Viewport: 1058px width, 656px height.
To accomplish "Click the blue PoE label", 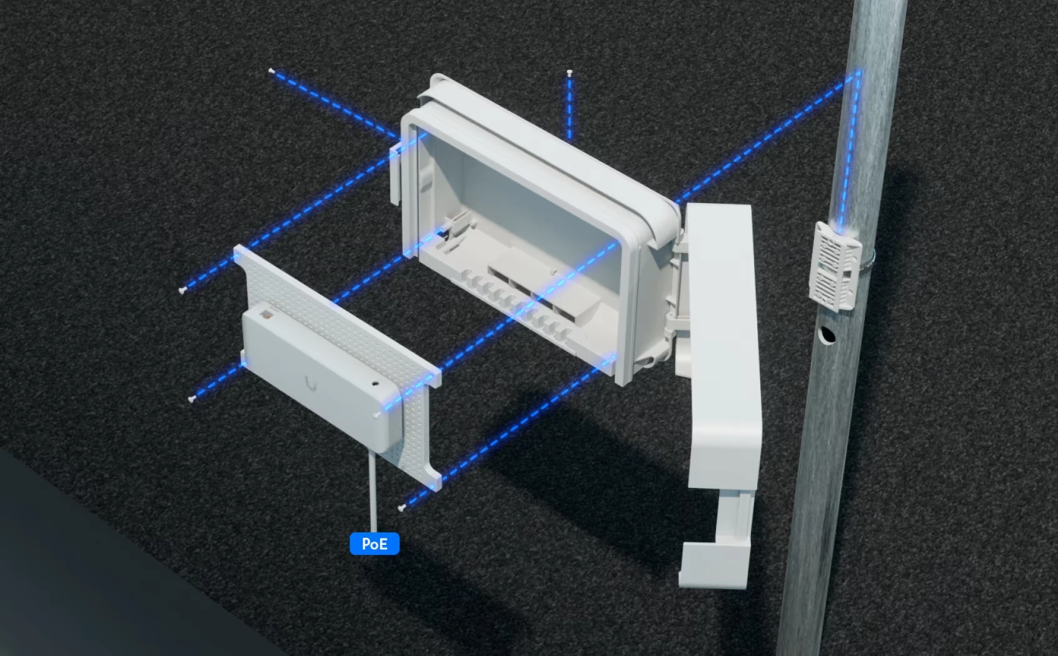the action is point(375,544).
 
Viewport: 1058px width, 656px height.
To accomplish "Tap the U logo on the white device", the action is point(311,385).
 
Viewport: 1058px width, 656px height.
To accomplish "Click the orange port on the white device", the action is point(267,314).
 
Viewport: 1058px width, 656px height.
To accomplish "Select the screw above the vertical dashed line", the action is point(570,72).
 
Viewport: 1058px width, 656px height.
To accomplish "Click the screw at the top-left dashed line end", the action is point(271,71).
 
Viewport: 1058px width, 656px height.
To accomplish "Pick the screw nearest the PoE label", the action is point(401,508).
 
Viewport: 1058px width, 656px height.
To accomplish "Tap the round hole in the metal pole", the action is point(827,335).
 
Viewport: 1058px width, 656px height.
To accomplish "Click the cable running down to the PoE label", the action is point(373,491).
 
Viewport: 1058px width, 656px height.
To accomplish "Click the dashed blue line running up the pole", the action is point(851,151).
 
